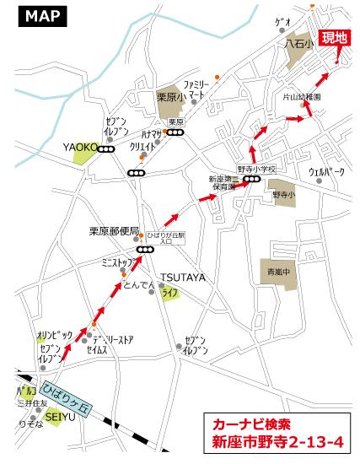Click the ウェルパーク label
pyautogui.click(x=327, y=172)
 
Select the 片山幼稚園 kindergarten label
pyautogui.click(x=301, y=97)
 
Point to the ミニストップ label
pyautogui.click(x=118, y=262)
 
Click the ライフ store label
pyautogui.click(x=171, y=292)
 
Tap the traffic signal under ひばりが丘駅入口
pyautogui.click(x=145, y=250)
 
